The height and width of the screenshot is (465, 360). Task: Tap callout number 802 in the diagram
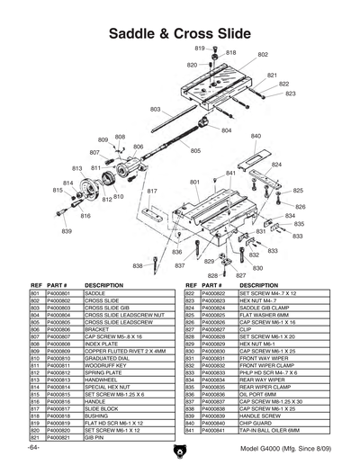263,55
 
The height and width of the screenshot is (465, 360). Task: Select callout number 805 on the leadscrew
195,151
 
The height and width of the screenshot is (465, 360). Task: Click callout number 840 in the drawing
256,137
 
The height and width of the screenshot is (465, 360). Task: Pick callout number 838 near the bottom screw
138,266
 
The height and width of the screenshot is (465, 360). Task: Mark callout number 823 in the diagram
290,94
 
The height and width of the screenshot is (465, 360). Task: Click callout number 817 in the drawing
153,192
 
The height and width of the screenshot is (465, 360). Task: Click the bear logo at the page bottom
179,450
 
